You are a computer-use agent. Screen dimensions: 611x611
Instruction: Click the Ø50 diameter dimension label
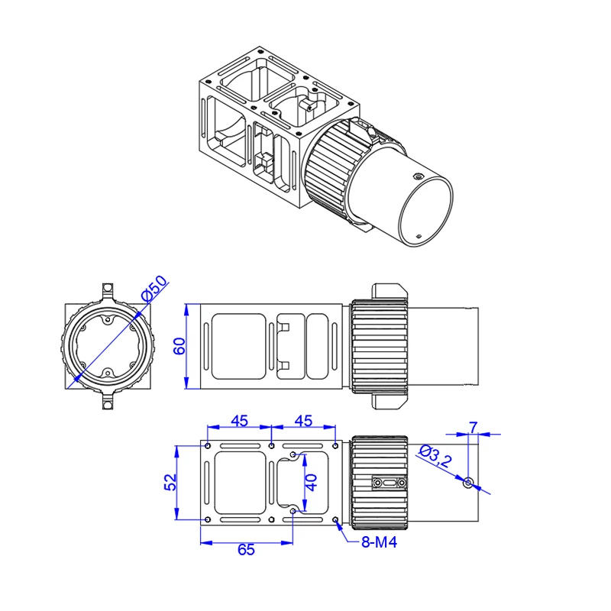pos(155,291)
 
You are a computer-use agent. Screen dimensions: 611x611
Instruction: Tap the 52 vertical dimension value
pos(171,481)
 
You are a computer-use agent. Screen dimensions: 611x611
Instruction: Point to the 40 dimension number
pos(311,482)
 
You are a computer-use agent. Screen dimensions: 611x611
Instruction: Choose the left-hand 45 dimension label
pos(240,421)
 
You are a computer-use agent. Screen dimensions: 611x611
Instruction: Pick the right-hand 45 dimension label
pos(303,421)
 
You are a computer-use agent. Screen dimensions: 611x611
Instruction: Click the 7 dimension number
pos(474,426)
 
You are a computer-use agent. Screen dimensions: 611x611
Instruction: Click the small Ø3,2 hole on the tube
pos(469,481)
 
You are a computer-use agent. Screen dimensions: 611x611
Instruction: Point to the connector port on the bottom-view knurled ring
pos(389,483)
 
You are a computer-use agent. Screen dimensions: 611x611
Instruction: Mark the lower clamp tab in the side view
pos(390,400)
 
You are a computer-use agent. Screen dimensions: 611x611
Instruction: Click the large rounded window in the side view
pos(238,346)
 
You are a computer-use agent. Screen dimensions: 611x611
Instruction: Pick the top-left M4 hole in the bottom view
pos(209,444)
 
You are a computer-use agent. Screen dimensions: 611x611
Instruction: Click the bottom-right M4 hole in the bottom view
pos(337,520)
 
